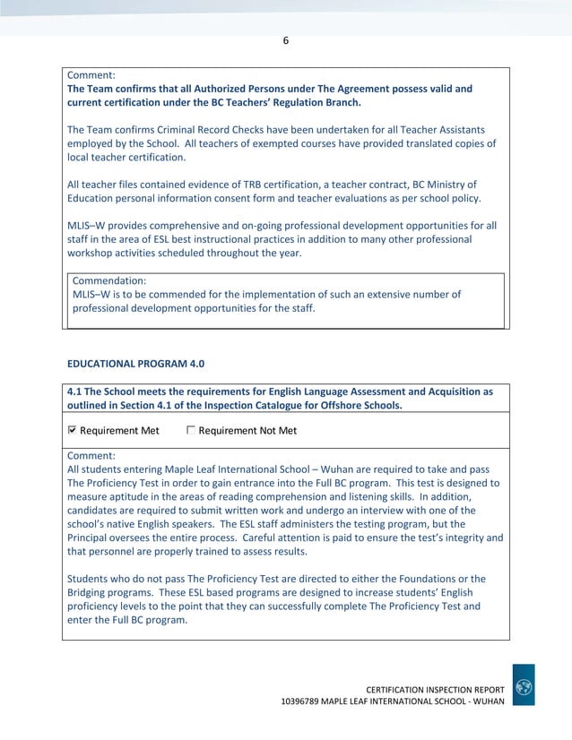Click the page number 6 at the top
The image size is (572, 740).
286,39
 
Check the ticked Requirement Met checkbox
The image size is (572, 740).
73,430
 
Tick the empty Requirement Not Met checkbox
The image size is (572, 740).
191,430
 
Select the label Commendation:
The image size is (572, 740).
109,280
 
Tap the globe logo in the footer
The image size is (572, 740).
524,686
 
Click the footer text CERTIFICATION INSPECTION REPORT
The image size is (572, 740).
436,687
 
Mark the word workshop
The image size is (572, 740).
94,253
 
